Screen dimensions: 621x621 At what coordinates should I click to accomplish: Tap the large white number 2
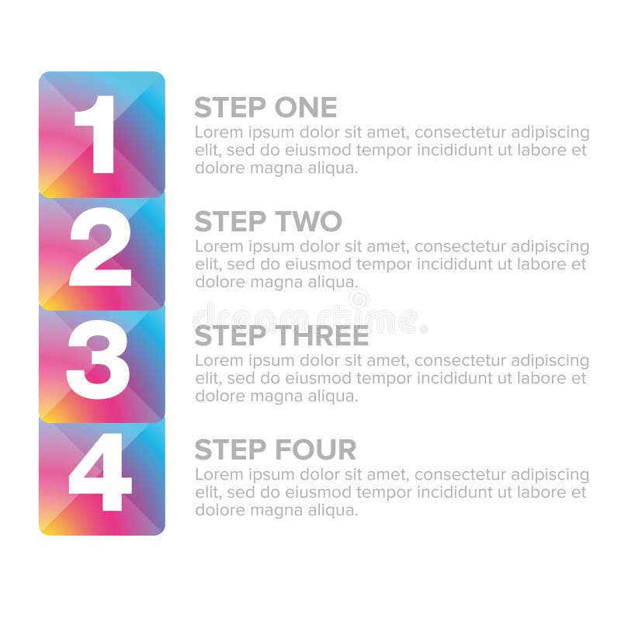tap(100, 248)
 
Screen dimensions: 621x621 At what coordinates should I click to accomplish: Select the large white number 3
tap(99, 362)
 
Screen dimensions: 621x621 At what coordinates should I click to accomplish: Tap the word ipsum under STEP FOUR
tap(267, 474)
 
